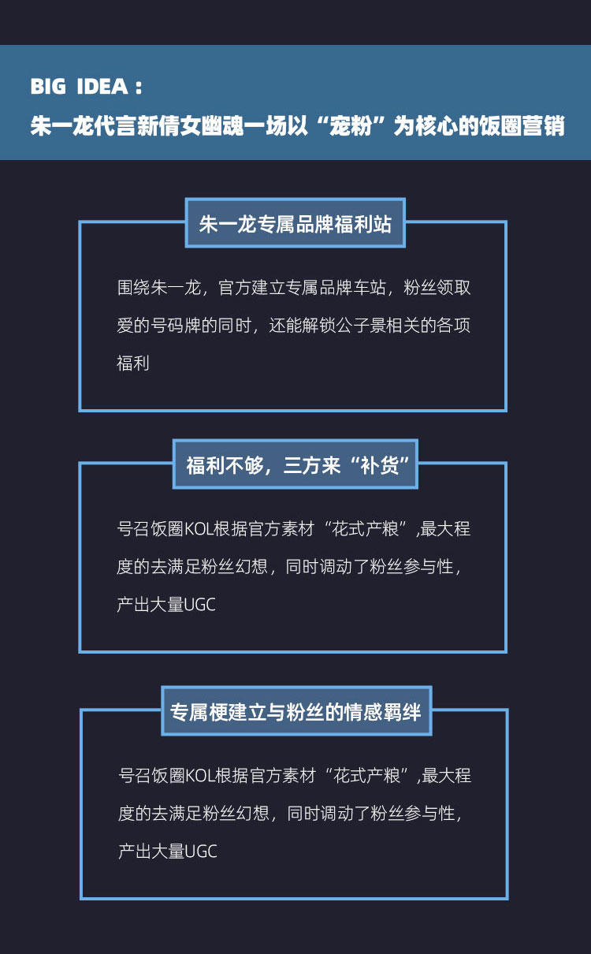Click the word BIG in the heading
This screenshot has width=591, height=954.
[48, 87]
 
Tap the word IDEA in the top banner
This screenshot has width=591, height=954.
[102, 87]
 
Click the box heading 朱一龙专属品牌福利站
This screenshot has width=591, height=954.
[295, 224]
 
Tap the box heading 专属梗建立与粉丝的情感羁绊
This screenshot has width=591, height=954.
[295, 712]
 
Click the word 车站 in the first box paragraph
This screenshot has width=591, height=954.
[369, 288]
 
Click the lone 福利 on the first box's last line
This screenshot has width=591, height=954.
[133, 363]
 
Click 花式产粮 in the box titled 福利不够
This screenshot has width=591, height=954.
[365, 529]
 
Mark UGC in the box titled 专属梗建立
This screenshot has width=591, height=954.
[202, 852]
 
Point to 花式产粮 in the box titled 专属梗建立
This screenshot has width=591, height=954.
[366, 776]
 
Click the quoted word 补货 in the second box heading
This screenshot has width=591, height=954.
[380, 464]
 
